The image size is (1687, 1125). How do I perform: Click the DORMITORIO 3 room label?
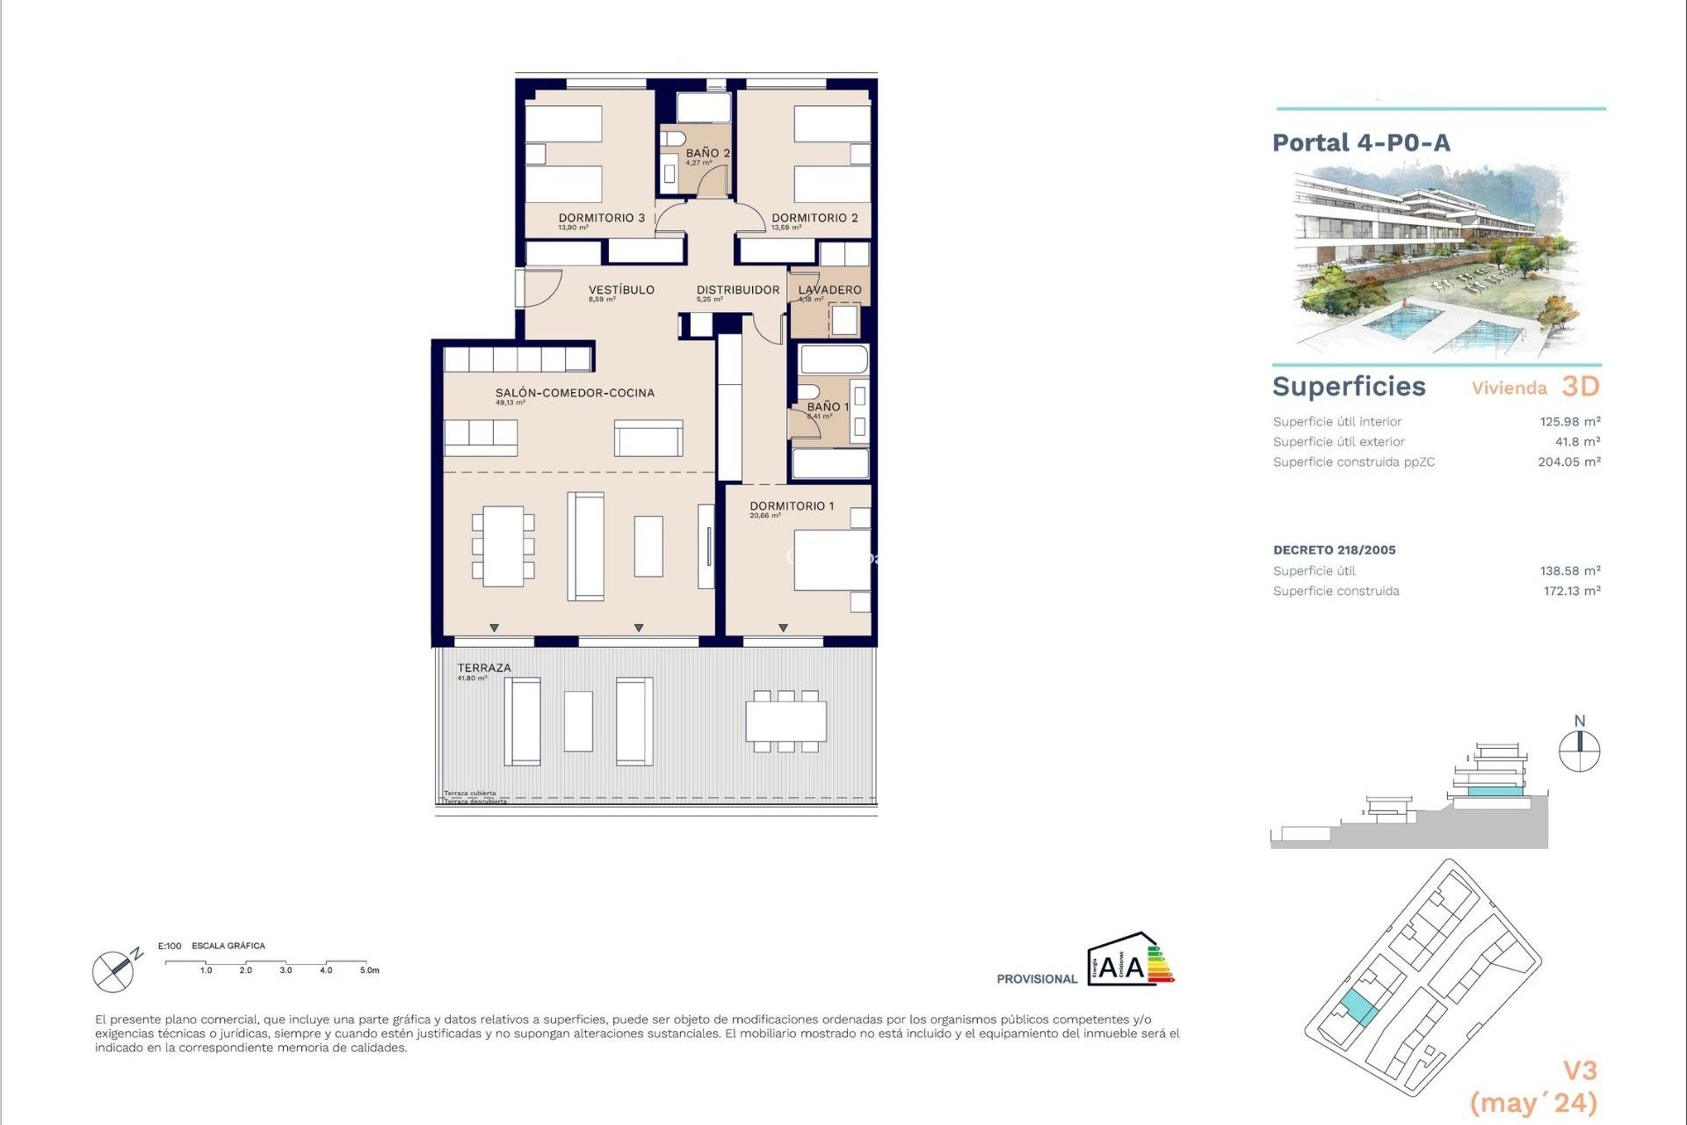[602, 218]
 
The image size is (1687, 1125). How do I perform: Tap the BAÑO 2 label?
[707, 153]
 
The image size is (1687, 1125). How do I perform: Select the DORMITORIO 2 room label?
[815, 218]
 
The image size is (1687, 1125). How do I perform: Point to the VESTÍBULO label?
[621, 290]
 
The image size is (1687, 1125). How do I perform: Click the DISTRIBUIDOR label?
[738, 290]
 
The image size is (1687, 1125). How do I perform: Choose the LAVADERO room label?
[829, 290]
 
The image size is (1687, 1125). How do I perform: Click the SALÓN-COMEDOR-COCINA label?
[575, 393]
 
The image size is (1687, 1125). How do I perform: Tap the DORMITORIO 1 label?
[792, 506]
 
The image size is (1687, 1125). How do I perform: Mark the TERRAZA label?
[483, 668]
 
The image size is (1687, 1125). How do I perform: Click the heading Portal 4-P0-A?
[1361, 142]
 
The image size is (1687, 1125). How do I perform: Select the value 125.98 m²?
[1569, 422]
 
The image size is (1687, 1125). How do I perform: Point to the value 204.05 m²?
[1568, 462]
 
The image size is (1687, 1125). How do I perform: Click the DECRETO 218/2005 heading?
[1334, 550]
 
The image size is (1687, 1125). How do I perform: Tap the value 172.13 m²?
[1571, 592]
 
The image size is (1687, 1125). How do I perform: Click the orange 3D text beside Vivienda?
[1580, 387]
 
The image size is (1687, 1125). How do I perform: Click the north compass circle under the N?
[1579, 751]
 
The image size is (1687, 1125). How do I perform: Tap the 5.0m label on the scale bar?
[369, 970]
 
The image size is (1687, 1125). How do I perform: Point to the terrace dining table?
[786, 722]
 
